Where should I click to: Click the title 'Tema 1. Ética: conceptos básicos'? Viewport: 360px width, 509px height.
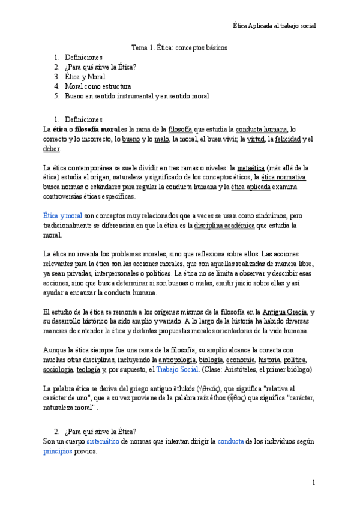pyautogui.click(x=179, y=47)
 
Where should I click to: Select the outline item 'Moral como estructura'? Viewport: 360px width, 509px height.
pyautogui.click(x=98, y=86)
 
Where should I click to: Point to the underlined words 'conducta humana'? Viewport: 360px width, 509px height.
pyautogui.click(x=262, y=129)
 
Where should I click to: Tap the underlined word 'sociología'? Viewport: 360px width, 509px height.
pyautogui.click(x=59, y=370)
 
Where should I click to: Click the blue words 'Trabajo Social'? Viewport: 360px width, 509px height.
pyautogui.click(x=177, y=370)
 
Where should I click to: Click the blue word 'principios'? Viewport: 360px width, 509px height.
pyautogui.click(x=58, y=451)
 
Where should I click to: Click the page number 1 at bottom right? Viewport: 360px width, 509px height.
pyautogui.click(x=313, y=483)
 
